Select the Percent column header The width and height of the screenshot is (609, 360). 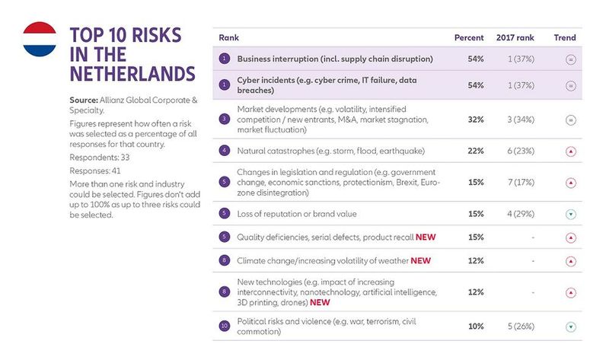(469, 37)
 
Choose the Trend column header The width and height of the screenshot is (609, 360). (566, 37)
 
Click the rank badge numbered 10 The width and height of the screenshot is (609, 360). (225, 326)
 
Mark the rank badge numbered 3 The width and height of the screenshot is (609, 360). (225, 119)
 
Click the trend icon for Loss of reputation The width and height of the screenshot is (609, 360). (569, 214)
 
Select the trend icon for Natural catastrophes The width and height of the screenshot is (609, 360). (569, 151)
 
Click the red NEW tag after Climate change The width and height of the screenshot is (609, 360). (420, 261)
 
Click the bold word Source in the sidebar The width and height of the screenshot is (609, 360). (85, 100)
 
